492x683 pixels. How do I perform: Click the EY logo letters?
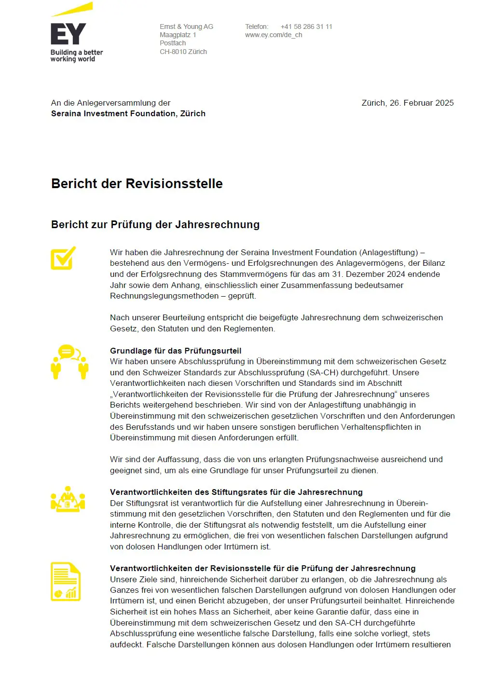(68, 34)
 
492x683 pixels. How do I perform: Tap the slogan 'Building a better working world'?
(76, 55)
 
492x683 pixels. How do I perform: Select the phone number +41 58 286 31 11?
(306, 27)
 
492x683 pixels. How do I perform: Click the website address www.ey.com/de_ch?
(273, 35)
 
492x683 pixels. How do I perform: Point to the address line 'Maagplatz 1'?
(178, 35)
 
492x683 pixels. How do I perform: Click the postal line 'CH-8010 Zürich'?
(183, 52)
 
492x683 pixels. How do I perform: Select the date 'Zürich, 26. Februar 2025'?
(408, 103)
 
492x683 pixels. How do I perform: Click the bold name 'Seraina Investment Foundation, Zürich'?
(128, 113)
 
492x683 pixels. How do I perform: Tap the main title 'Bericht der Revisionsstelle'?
(137, 184)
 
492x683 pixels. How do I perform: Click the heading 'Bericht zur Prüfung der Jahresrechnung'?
(155, 224)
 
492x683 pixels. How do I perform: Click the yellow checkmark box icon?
(63, 258)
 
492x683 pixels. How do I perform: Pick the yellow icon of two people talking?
(69, 362)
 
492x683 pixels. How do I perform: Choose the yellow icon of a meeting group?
(68, 499)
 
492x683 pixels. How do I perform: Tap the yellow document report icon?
(66, 582)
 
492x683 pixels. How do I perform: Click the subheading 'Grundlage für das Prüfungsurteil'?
(176, 351)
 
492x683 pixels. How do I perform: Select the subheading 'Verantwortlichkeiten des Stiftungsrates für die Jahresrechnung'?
(236, 492)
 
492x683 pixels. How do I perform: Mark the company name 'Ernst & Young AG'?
(186, 27)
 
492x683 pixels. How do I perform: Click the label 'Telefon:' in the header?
(257, 27)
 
